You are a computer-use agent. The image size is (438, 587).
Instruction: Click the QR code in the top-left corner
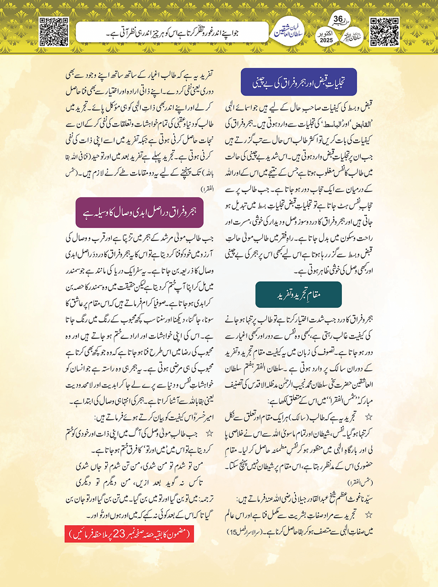coord(53,32)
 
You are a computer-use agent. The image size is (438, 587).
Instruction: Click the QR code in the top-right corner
coord(384,32)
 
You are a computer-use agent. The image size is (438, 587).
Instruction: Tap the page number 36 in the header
coord(338,19)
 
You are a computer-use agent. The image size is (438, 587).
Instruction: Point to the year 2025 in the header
coord(326,41)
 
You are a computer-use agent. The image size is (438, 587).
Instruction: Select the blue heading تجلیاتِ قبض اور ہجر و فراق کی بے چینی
coord(298,82)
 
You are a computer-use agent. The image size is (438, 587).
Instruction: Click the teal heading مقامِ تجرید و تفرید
coord(298,294)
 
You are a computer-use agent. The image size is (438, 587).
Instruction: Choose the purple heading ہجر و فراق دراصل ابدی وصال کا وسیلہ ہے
coord(139,212)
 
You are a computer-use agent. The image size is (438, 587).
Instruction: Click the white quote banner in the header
coord(172,32)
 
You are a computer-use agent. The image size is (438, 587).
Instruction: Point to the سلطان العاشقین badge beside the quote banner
coord(288,32)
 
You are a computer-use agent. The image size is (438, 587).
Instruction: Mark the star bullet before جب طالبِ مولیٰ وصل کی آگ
coord(210,433)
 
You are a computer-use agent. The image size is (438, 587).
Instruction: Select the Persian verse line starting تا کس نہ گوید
coord(139,482)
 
